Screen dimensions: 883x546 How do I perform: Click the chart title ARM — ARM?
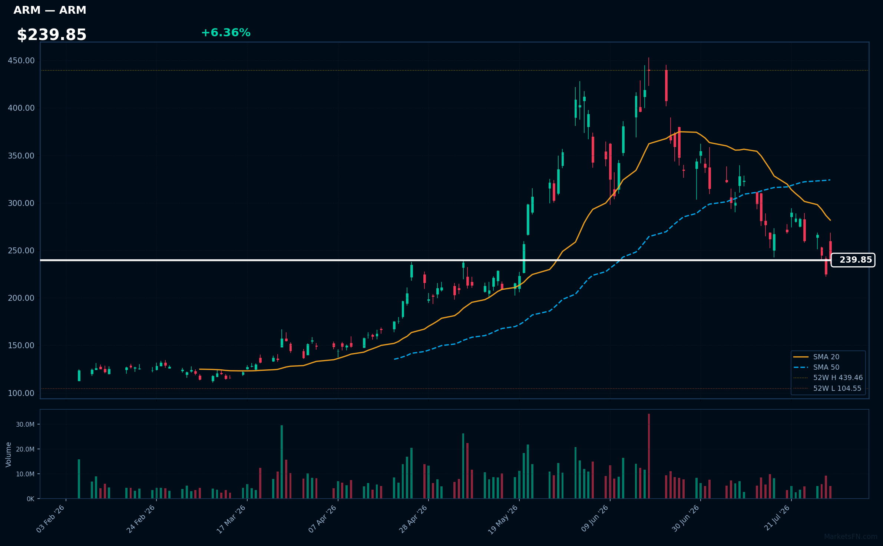click(x=50, y=10)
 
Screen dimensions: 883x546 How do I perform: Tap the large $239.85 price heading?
click(x=52, y=35)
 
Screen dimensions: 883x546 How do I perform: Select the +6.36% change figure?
click(x=226, y=33)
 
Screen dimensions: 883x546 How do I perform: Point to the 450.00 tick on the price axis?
click(x=21, y=60)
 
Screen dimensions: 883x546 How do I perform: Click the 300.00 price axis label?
click(x=21, y=203)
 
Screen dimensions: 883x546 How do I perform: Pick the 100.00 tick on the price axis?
click(x=21, y=393)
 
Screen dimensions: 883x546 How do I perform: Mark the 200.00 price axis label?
click(x=21, y=298)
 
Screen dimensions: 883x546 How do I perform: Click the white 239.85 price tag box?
click(x=853, y=260)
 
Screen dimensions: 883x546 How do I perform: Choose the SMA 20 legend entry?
click(x=816, y=357)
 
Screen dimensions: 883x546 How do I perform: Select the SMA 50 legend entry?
click(x=816, y=367)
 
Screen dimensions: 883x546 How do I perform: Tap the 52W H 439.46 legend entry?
click(x=828, y=377)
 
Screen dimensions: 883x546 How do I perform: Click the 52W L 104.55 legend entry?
click(x=827, y=389)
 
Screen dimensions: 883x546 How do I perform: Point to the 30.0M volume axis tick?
click(x=25, y=425)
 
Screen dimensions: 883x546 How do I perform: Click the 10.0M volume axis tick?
click(x=25, y=474)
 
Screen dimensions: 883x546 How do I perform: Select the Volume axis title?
click(x=9, y=455)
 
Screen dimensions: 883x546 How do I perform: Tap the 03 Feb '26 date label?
click(x=51, y=519)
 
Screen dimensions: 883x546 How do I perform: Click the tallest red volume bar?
click(x=649, y=456)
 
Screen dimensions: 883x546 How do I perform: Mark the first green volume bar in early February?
click(x=79, y=479)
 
